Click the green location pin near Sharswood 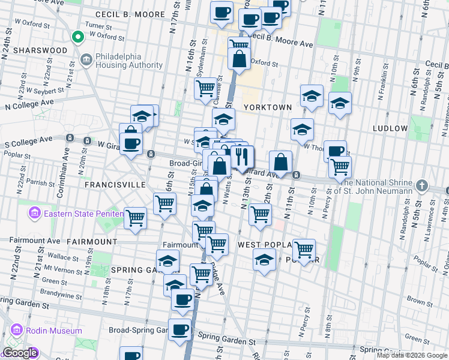[77, 38]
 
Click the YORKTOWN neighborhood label [267, 107]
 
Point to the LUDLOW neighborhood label [390, 128]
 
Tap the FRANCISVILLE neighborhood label [115, 185]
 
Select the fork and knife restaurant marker [242, 157]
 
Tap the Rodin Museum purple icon [16, 331]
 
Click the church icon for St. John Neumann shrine [423, 186]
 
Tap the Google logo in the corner [19, 353]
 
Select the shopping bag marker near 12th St [280, 161]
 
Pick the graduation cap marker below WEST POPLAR [264, 260]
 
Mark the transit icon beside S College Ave [70, 138]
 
